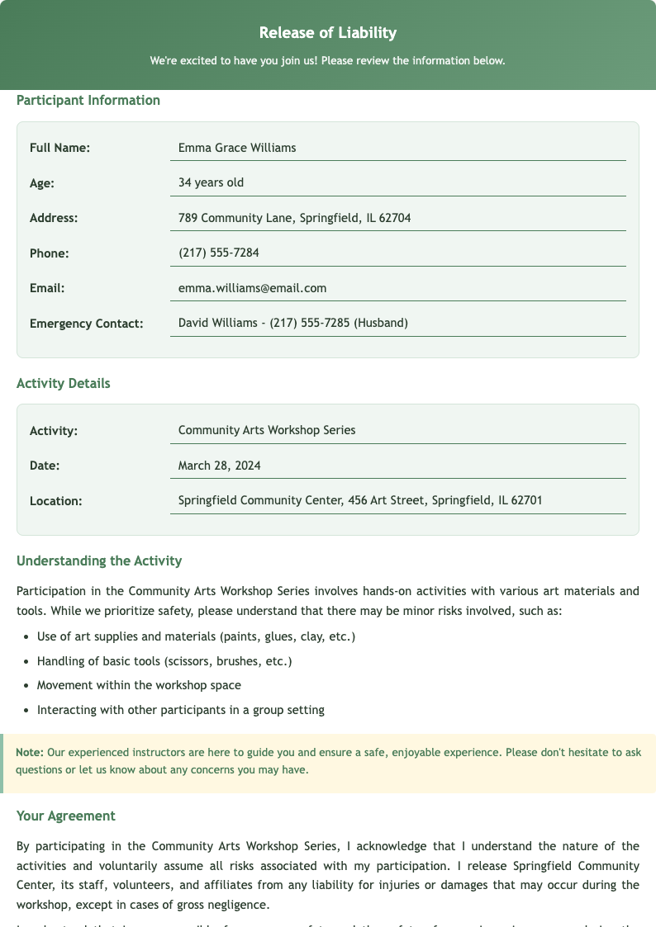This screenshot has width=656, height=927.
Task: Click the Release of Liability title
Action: tap(328, 33)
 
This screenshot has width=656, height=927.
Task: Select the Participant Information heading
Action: tap(88, 101)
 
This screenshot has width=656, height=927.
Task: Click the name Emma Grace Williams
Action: tap(237, 148)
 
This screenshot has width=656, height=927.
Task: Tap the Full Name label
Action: tap(59, 148)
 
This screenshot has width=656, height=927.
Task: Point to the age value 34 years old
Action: tap(211, 182)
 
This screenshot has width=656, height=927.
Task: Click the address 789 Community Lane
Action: tap(294, 218)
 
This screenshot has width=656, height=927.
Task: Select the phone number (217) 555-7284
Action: tap(218, 253)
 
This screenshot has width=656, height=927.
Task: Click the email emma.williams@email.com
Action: tap(252, 288)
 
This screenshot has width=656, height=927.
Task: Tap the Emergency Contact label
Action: tap(86, 324)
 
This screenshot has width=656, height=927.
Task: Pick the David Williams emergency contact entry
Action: tap(292, 323)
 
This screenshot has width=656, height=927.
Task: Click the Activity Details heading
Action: tap(64, 383)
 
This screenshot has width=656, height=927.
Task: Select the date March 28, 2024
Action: tap(219, 466)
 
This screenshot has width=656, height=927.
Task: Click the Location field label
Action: tap(56, 501)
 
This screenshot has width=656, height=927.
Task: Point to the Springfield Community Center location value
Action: tap(360, 500)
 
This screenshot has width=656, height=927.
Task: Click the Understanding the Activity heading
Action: tap(99, 561)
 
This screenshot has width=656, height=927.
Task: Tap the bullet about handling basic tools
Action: tap(164, 661)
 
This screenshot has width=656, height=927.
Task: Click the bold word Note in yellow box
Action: tap(30, 753)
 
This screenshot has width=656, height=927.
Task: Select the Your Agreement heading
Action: tap(66, 816)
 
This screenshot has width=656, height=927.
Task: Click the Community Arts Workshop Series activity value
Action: tap(267, 430)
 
